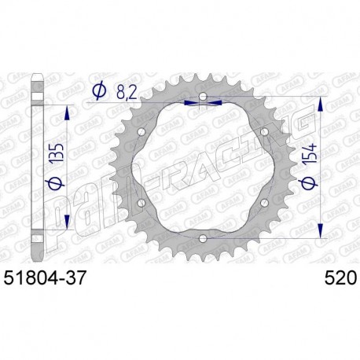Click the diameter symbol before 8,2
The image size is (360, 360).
99,92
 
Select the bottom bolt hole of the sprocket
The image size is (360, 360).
202,238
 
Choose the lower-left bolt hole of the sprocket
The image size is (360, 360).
141,206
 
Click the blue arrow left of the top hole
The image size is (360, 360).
189,101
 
